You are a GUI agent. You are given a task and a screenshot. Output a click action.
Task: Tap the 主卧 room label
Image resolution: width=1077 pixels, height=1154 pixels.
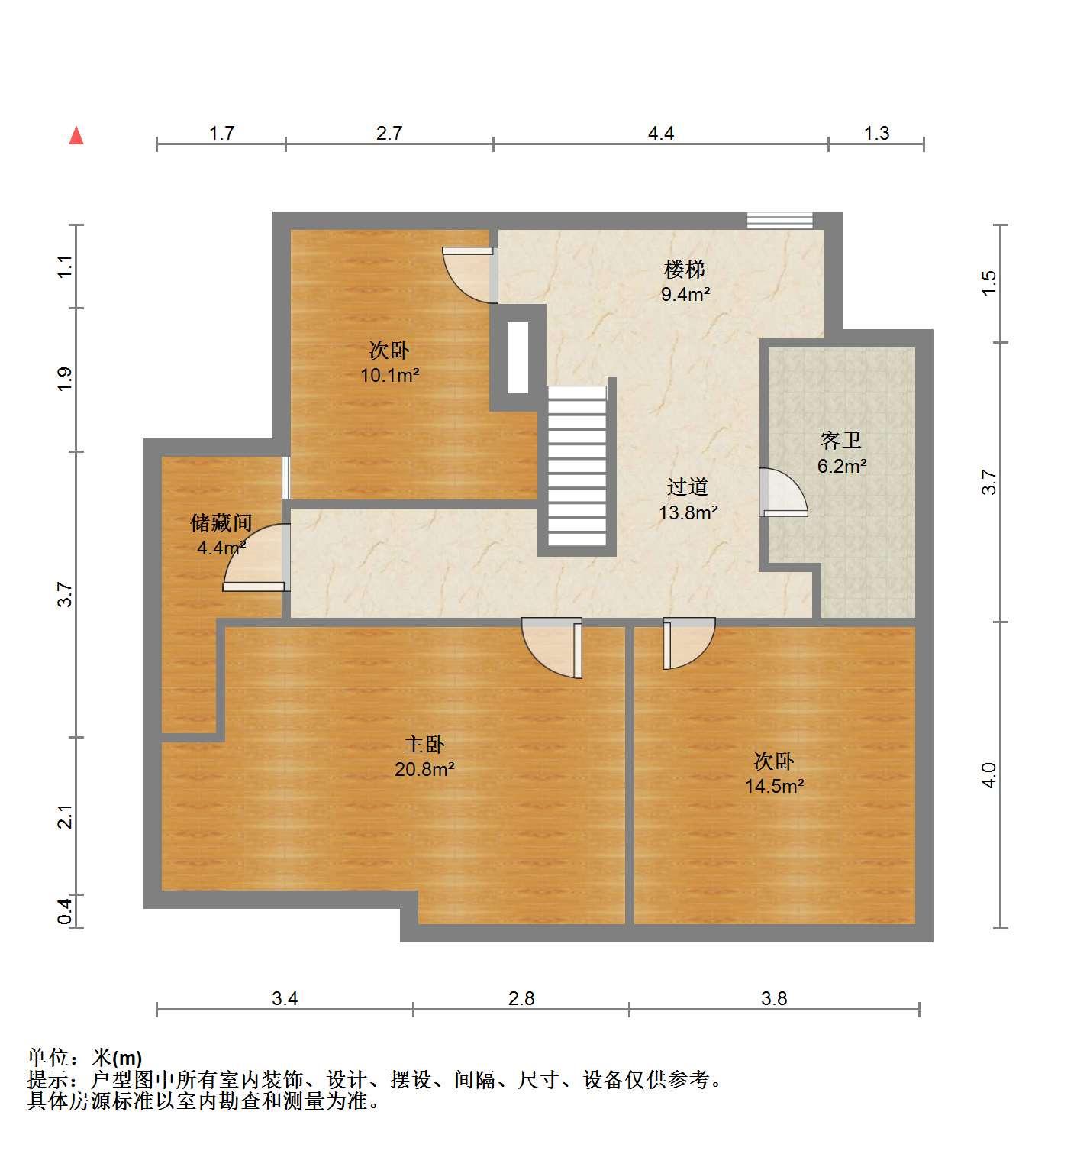coord(424,744)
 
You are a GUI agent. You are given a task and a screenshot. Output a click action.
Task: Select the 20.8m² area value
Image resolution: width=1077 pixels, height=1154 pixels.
coord(424,769)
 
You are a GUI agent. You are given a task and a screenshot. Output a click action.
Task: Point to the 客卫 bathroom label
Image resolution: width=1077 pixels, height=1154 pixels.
coord(840,441)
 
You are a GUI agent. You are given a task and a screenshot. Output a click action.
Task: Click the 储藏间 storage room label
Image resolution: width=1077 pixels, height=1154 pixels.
coord(221,523)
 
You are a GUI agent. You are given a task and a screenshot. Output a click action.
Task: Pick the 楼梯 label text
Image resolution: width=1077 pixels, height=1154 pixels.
coord(685,269)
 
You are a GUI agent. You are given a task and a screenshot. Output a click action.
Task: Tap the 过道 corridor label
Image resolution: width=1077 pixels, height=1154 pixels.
coord(687,487)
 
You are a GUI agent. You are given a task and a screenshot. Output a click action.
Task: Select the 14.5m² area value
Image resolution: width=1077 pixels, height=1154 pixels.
coord(774,786)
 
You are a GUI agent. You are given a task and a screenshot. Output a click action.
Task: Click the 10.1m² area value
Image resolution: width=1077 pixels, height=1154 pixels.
coord(390,375)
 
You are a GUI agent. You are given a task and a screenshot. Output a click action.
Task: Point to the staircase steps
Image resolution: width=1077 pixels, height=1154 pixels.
coord(577,466)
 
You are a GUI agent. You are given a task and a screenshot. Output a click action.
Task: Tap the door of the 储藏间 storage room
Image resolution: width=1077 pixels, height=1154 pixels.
coord(256,558)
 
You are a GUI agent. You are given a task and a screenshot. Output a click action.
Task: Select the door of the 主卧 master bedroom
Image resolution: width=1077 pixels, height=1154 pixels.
coord(552,648)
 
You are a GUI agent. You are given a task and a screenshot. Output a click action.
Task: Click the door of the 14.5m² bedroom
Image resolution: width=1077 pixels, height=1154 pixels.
coord(689,642)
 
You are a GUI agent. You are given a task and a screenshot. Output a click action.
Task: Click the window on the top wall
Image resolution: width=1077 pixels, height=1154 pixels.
coord(779,220)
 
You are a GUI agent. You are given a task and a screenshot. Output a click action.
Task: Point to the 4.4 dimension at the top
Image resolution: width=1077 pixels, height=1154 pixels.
coord(660,133)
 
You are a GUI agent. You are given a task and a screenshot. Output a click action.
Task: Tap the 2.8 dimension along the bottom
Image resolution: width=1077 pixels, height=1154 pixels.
coord(521,998)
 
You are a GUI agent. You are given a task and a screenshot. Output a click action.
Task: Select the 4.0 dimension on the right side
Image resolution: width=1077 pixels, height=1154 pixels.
coord(988,775)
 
